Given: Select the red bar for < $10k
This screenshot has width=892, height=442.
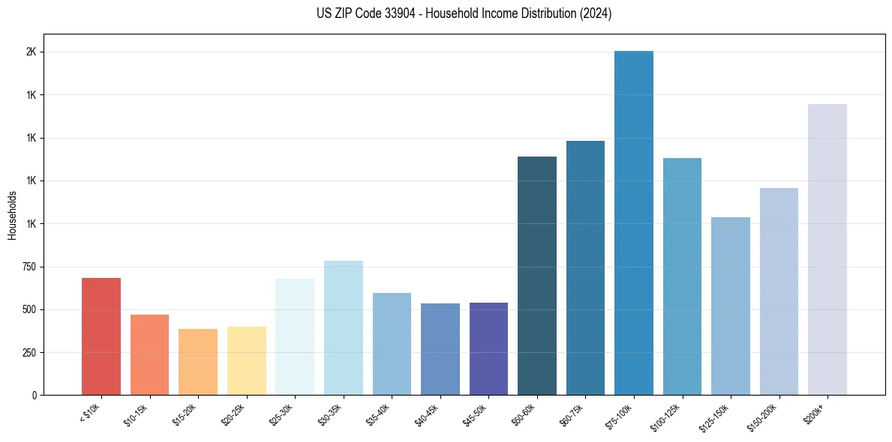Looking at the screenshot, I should point(101,336).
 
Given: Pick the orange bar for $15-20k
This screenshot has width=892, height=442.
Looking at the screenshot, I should point(198,362).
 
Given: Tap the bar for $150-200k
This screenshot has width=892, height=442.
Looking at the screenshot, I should point(779,291).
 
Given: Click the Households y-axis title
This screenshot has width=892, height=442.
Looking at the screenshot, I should point(12,215).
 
